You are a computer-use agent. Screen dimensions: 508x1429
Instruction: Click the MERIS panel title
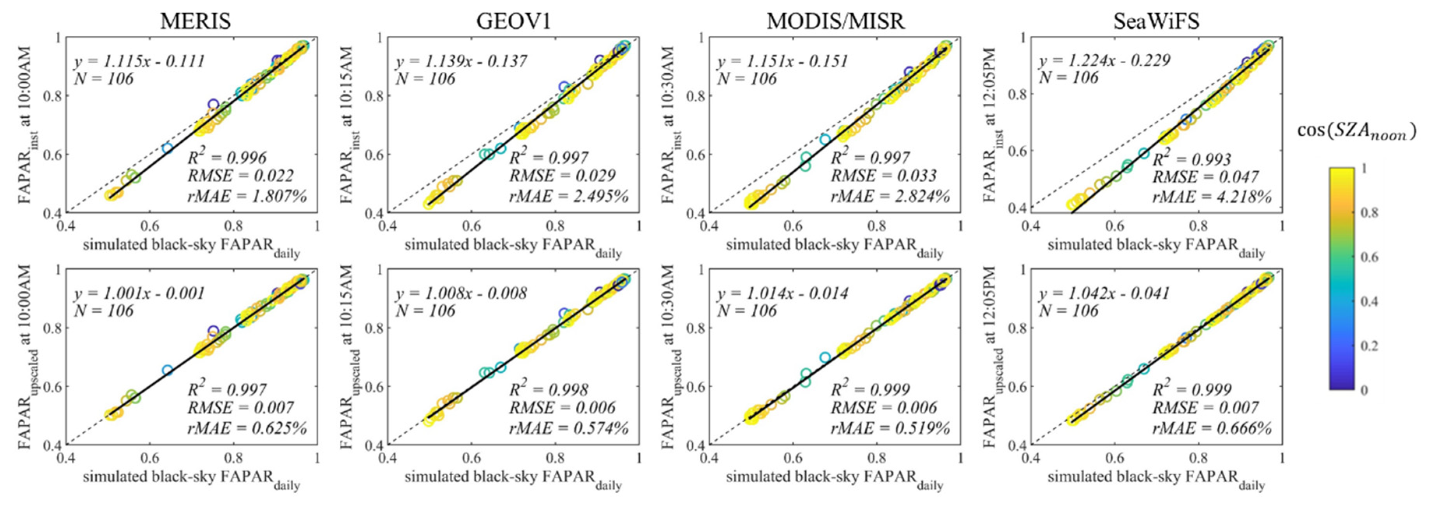pyautogui.click(x=195, y=21)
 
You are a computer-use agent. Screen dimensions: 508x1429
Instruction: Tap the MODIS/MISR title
pyautogui.click(x=835, y=21)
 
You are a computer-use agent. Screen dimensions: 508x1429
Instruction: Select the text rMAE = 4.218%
pyautogui.click(x=1212, y=196)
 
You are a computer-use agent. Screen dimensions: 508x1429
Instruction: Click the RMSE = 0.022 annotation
pyautogui.click(x=240, y=176)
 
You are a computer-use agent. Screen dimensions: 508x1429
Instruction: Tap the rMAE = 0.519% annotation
pyautogui.click(x=890, y=428)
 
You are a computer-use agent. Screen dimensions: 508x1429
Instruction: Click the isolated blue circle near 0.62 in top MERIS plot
pyautogui.click(x=168, y=148)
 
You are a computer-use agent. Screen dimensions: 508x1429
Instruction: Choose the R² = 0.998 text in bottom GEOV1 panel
pyautogui.click(x=549, y=389)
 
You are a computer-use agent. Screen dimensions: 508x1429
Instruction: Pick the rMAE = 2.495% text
pyautogui.click(x=569, y=196)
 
